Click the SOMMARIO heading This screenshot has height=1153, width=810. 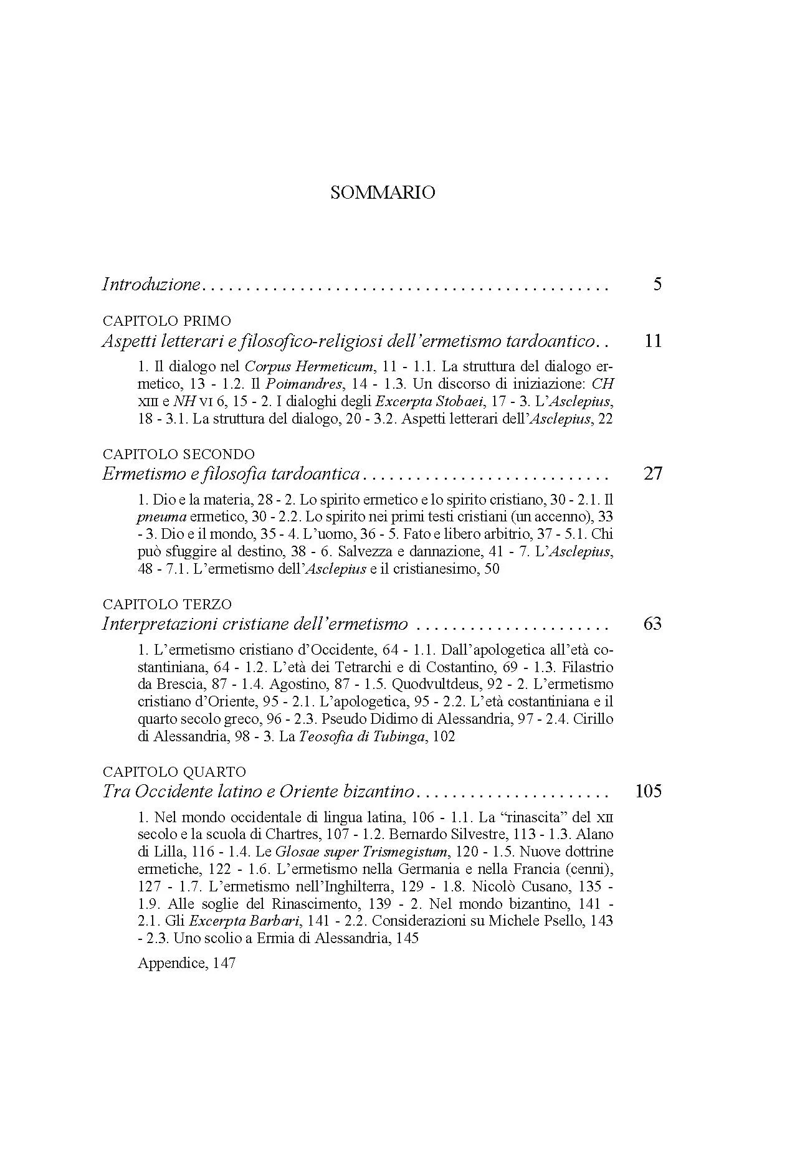pyautogui.click(x=382, y=193)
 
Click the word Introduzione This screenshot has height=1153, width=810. pyautogui.click(x=150, y=285)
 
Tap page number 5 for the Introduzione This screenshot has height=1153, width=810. pyautogui.click(x=657, y=285)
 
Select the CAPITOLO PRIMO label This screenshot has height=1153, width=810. pyautogui.click(x=166, y=321)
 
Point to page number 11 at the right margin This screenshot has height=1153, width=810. pyautogui.click(x=652, y=341)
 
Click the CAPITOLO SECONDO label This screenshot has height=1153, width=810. pyautogui.click(x=178, y=454)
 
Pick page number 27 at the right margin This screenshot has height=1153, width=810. pyautogui.click(x=652, y=474)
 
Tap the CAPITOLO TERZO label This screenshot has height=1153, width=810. pyautogui.click(x=166, y=604)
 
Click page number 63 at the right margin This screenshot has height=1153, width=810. pyautogui.click(x=652, y=624)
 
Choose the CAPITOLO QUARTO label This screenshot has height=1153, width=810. pyautogui.click(x=174, y=772)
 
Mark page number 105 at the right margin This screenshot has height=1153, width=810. pyautogui.click(x=648, y=792)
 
